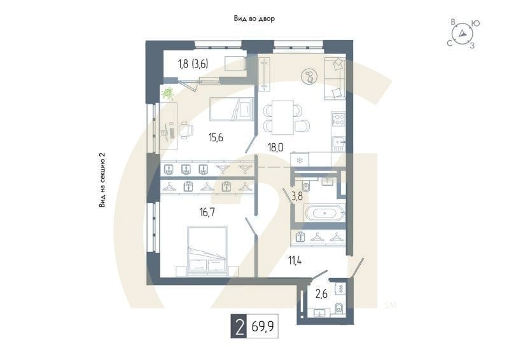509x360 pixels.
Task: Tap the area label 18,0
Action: coord(275,147)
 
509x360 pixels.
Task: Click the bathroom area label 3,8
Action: coord(297,197)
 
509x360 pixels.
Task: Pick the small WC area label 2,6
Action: coord(321,293)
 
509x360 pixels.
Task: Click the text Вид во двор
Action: coord(254,19)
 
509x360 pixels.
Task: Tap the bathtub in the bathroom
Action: coord(325,213)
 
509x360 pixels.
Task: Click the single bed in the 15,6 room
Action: coord(230,109)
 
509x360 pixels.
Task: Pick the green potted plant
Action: coord(168,93)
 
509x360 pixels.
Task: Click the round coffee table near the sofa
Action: coord(310,76)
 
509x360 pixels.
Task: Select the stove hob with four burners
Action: coord(338,119)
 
